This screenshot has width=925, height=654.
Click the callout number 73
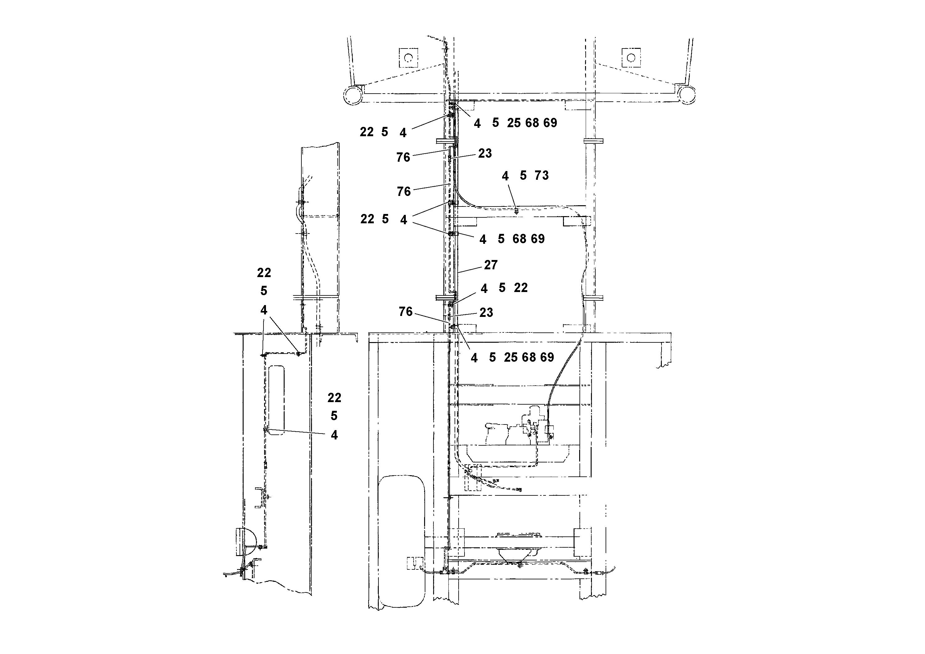point(542,175)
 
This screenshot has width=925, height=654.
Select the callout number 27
point(491,265)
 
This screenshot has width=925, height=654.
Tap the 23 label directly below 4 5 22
point(486,313)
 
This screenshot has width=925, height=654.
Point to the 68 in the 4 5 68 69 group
point(519,239)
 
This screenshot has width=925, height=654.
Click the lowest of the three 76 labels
point(406,312)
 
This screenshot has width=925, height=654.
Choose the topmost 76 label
point(403,157)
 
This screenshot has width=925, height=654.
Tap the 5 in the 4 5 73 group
point(523,175)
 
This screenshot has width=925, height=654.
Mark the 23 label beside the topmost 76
point(485,153)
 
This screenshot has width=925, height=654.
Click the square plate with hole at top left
point(408,58)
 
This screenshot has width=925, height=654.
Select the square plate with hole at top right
point(631,58)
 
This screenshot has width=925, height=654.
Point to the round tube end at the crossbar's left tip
point(353,95)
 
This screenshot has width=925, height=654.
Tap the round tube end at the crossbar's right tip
point(686,95)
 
